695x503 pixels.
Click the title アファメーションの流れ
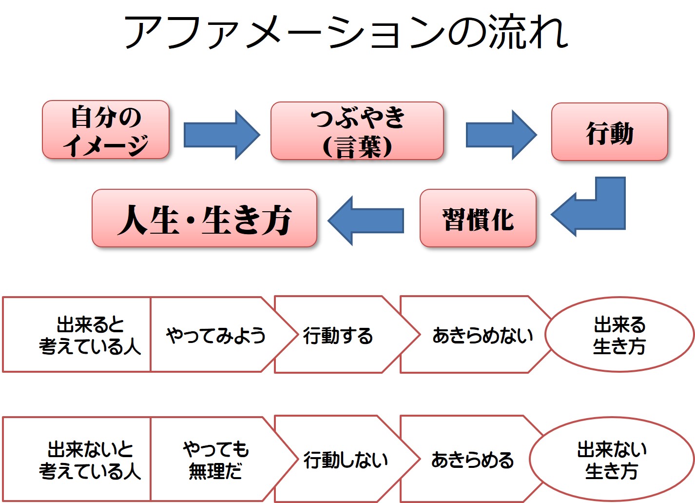(347, 32)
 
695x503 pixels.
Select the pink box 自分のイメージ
(106, 130)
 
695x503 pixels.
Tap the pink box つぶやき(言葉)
(357, 131)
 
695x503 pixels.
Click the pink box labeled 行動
(610, 132)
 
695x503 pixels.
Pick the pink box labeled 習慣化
(478, 218)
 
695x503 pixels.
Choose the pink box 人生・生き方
(205, 218)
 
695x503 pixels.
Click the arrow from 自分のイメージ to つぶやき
(222, 135)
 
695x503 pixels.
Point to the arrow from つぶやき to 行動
(502, 135)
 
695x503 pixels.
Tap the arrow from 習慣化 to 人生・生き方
(366, 221)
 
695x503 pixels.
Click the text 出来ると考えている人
(90, 335)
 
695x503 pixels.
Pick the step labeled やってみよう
(215, 335)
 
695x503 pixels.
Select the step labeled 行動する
(338, 335)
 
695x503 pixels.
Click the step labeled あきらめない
(483, 335)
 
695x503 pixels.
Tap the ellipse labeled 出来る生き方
(619, 335)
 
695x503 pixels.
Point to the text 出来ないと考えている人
(90, 460)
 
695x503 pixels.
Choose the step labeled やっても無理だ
(215, 460)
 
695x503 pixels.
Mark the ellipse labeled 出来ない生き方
(612, 460)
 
